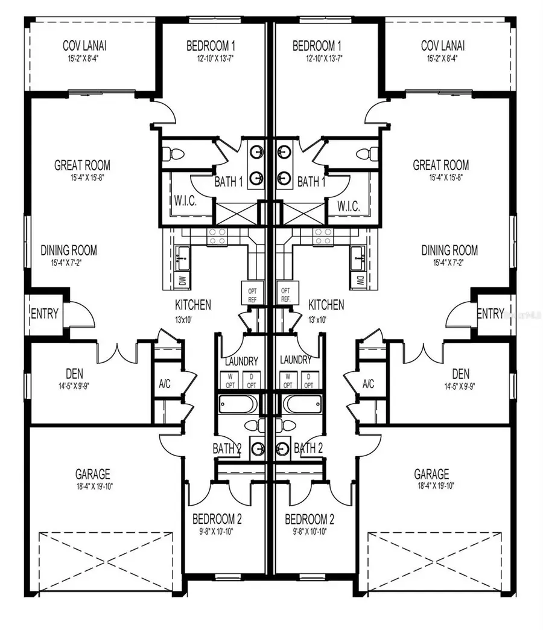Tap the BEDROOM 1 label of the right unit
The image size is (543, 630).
tap(317, 46)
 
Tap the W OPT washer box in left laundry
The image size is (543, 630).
tap(231, 380)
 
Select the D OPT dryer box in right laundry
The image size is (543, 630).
tap(309, 380)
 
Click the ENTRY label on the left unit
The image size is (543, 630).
tap(45, 313)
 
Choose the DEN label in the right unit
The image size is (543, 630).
tap(460, 374)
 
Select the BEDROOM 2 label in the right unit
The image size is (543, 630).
tap(310, 519)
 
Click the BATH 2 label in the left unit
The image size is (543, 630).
tap(227, 448)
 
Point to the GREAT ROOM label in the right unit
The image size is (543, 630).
tap(440, 165)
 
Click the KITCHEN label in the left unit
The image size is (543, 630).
tap(193, 305)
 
